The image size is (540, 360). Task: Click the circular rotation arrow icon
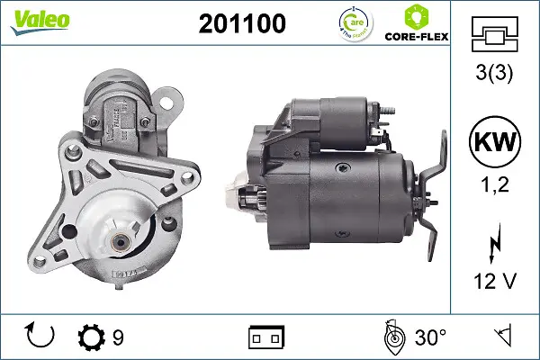41,337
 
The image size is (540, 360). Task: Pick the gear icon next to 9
91,337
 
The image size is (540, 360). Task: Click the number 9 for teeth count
118,337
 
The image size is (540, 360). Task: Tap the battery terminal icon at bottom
265,337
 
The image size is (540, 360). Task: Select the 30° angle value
430,337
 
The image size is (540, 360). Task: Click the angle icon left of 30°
391,337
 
